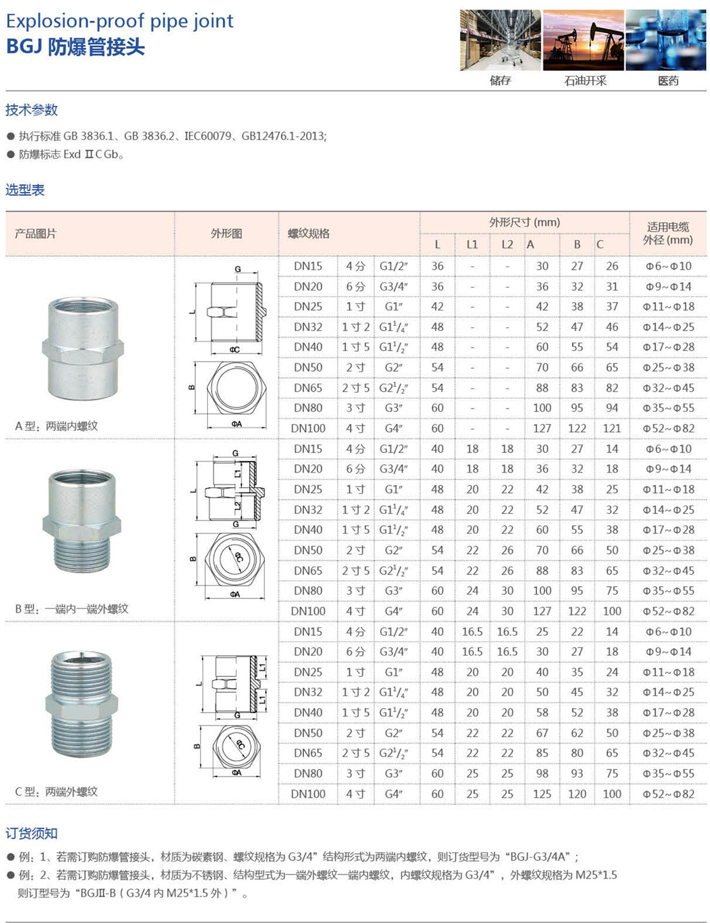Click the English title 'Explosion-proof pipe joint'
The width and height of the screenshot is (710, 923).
click(119, 21)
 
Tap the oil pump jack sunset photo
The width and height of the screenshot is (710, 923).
click(583, 40)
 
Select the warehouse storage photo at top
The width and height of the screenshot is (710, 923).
click(500, 40)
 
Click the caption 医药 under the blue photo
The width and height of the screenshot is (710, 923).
click(668, 81)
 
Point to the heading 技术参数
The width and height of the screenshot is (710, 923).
click(32, 110)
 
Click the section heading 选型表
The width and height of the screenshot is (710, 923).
click(25, 190)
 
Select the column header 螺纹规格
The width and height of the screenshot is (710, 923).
click(309, 234)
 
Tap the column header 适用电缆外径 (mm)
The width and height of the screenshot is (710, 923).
click(667, 233)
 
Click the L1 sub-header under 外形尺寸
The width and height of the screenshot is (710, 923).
click(472, 244)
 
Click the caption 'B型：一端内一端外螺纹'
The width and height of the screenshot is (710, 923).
click(72, 609)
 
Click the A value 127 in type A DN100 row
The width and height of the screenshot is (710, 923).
click(542, 428)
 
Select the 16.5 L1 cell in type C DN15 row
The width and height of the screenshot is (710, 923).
click(472, 631)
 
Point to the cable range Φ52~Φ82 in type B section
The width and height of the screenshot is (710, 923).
click(668, 611)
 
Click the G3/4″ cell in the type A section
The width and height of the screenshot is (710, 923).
click(393, 286)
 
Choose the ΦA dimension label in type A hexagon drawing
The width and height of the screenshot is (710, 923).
click(236, 424)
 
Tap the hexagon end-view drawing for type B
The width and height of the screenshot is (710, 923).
click(236, 559)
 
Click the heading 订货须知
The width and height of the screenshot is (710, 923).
click(32, 833)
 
